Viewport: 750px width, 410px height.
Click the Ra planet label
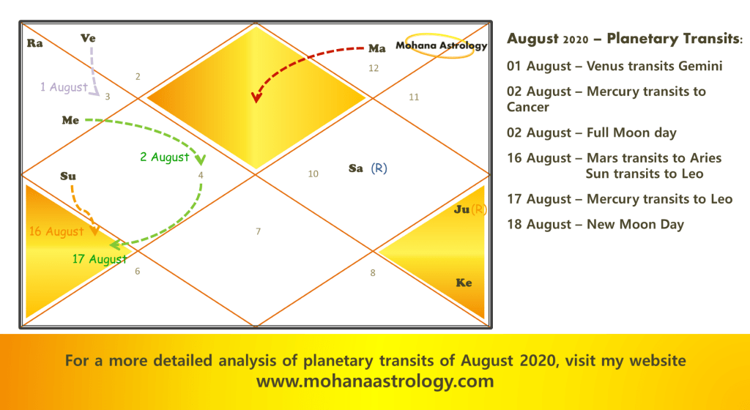point(34,43)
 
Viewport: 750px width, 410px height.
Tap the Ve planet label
point(88,38)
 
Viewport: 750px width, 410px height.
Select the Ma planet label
point(377,48)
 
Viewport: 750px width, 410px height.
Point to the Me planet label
point(70,120)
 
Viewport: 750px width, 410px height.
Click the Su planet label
point(68,176)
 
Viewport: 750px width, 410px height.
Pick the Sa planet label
point(356,168)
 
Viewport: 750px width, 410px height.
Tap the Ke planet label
point(464,283)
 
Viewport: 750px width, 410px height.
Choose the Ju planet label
point(461,209)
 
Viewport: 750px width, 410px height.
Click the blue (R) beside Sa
point(379,168)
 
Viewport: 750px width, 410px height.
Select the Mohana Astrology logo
point(441,46)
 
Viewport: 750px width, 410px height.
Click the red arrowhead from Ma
point(257,97)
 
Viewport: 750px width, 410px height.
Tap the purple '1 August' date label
point(64,87)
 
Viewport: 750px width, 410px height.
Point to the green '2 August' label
point(165,157)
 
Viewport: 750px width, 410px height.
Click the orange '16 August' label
point(56,232)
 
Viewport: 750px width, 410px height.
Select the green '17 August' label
point(100,259)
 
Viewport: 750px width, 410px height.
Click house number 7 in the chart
point(259,232)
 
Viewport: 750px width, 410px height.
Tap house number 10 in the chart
point(313,174)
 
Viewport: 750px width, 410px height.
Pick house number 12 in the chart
point(374,68)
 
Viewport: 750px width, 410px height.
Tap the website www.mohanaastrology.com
point(375,381)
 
